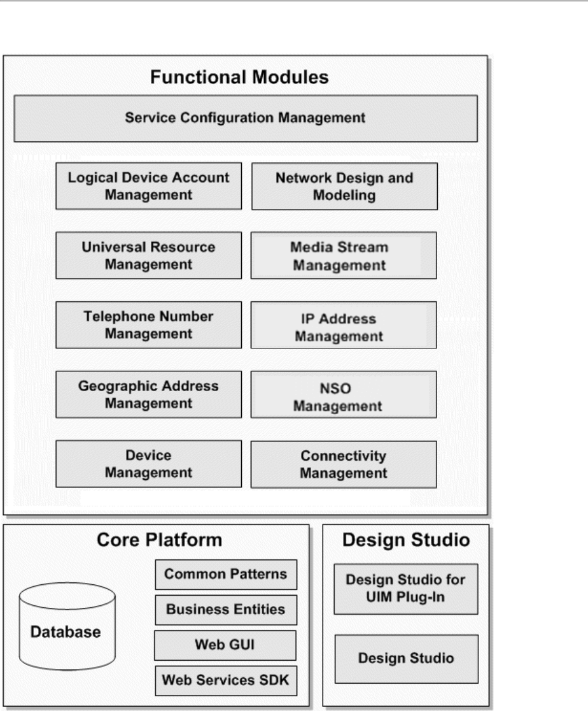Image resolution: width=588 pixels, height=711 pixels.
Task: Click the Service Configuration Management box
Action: point(245,118)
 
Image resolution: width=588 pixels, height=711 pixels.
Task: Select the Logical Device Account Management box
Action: point(148,186)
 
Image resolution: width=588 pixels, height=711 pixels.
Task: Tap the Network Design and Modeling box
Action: point(344,186)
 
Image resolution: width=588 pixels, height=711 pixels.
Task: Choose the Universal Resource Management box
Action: point(148,255)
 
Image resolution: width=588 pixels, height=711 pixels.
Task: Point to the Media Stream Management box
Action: point(344,255)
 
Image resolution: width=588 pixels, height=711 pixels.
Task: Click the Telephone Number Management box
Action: point(148,325)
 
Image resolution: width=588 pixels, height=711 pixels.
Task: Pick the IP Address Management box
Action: point(344,326)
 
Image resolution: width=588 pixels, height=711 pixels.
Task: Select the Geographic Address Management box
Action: point(148,394)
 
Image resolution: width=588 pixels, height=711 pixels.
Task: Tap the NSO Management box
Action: point(344,395)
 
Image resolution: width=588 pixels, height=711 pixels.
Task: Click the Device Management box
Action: point(148,464)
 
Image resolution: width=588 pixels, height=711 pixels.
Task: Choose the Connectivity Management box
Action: point(344,464)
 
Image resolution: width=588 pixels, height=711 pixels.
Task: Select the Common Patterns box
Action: point(226,575)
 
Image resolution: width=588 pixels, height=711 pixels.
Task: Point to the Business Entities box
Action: point(226,610)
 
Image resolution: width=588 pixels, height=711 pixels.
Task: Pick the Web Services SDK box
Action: point(226,680)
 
